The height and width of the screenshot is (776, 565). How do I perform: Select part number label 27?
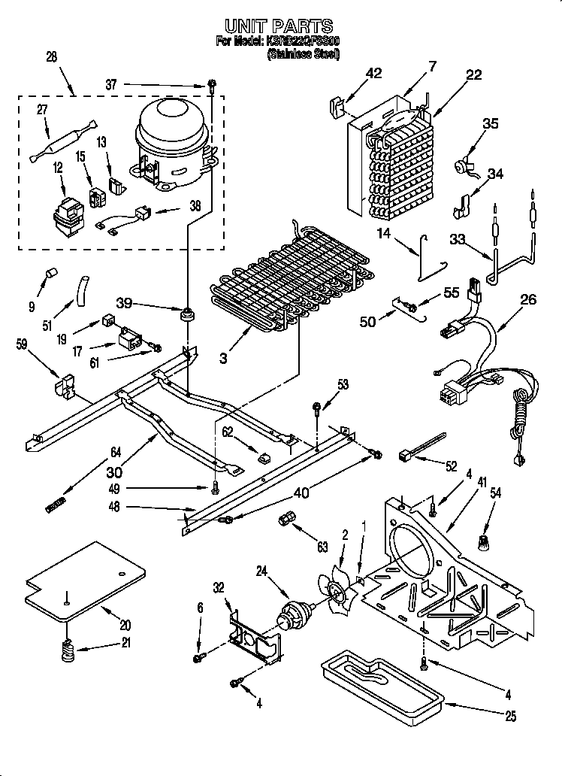[x=43, y=110]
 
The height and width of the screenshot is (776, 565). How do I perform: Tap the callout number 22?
[x=473, y=74]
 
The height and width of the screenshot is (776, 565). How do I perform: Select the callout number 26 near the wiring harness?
[x=528, y=300]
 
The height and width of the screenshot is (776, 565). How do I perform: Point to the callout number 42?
[x=373, y=73]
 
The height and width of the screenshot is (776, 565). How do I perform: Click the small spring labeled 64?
[x=57, y=505]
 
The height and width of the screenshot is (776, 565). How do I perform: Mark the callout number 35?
[x=490, y=124]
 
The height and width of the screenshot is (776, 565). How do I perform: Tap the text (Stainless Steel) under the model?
[x=304, y=55]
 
